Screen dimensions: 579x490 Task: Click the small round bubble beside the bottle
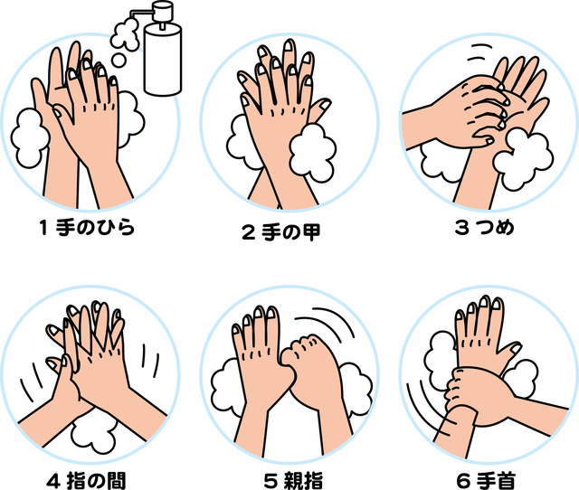(119, 61)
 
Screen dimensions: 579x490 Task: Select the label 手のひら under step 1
(95, 228)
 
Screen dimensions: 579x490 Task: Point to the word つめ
(496, 227)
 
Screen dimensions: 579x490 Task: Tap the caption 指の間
(97, 481)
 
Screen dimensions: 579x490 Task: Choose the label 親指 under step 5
(304, 481)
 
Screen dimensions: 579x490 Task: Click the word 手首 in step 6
(496, 481)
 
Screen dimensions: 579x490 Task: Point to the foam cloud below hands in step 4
(93, 436)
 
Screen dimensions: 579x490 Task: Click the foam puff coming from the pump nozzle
(126, 34)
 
